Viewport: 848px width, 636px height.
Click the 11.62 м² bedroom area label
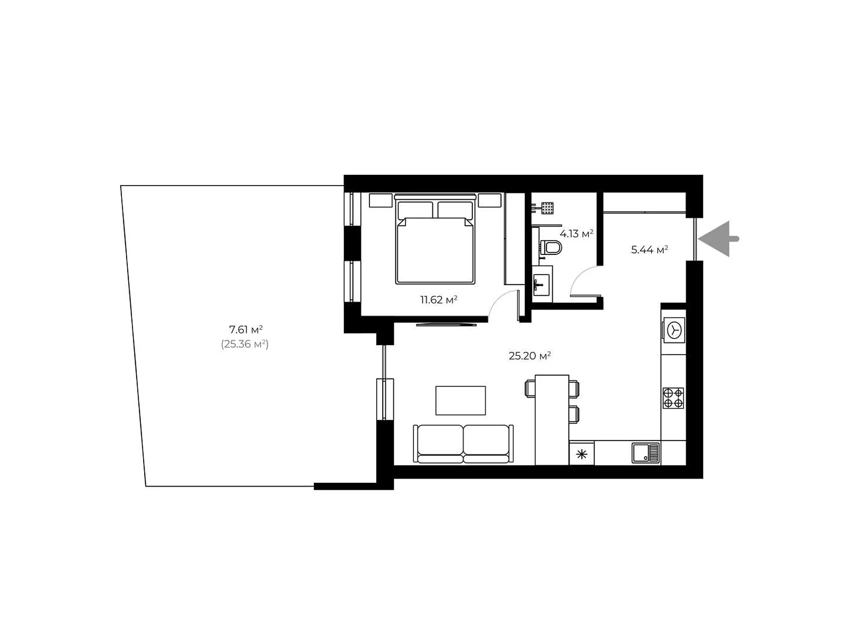438,299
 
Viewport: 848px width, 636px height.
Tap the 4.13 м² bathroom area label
576,233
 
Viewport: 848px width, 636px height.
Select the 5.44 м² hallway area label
649,250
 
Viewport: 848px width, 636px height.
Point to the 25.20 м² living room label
529,356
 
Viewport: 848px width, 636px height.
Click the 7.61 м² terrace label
246,329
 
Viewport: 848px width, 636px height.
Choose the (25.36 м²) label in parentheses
244,343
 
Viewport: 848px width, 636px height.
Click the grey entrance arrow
719,238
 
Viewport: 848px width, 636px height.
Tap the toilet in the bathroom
551,247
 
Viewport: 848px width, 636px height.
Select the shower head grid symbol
547,208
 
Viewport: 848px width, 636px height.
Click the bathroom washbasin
541,285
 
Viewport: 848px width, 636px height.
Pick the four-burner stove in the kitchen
673,398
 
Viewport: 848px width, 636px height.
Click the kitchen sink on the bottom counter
645,453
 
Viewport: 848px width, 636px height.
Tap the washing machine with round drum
674,330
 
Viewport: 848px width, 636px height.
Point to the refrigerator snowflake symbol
581,454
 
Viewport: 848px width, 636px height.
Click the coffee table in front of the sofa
461,401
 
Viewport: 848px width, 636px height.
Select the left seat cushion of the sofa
440,440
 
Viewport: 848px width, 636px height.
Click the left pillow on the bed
415,210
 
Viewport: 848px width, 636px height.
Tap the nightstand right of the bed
490,200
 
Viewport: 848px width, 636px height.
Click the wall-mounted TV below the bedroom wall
446,325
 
